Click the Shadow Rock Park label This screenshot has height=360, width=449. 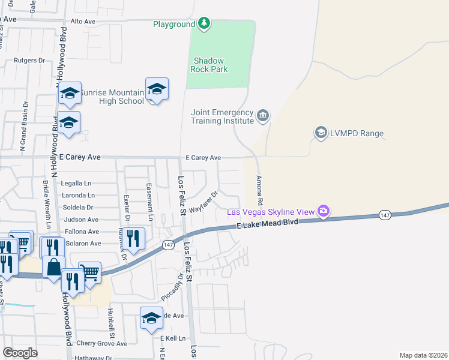(209, 65)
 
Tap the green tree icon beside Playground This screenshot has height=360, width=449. (205, 23)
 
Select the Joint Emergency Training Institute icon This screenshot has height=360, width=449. (263, 115)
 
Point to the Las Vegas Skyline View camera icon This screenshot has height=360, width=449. (324, 211)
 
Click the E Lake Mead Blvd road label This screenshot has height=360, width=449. (267, 223)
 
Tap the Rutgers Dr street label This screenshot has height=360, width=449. (29, 61)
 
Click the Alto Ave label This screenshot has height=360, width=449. (83, 22)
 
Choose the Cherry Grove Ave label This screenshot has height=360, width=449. (101, 344)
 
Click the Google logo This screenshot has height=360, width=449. (20, 353)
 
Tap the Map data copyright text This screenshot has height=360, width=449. (423, 355)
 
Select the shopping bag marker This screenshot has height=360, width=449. (53, 267)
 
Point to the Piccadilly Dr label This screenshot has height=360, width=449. (172, 288)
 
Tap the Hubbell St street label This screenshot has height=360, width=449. (111, 324)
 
